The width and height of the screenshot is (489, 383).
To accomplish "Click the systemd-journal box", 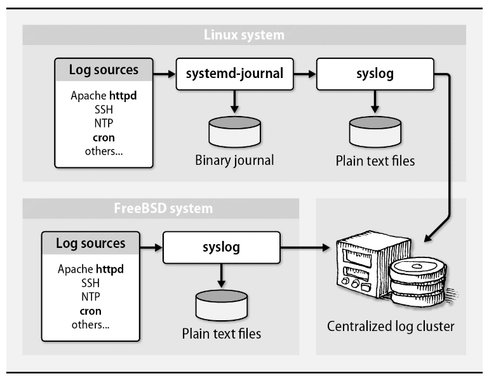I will coord(234,74).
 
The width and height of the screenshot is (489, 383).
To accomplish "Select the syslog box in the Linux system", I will coord(375,74).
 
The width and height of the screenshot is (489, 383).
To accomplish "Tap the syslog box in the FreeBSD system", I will coord(222,247).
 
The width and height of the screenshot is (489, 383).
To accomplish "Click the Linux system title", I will coord(244,34).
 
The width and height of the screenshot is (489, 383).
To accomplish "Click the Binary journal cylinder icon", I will coord(234,131).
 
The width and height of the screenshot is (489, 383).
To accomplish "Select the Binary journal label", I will coord(234,160).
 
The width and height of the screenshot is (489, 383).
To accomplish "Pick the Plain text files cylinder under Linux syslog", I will coord(375,131).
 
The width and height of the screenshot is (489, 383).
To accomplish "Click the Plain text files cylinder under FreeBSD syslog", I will coord(222,304).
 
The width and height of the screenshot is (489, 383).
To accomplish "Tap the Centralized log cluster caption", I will coord(391,327).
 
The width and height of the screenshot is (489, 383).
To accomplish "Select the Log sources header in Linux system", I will coord(104,70).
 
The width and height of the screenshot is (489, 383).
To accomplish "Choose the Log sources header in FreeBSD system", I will coord(91,243).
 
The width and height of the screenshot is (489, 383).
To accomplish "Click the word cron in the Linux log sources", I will coord(104,138).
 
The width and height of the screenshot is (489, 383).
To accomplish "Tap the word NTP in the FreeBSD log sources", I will coord(91,297).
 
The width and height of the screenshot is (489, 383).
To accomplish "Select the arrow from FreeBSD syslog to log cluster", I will coord(304,247).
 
